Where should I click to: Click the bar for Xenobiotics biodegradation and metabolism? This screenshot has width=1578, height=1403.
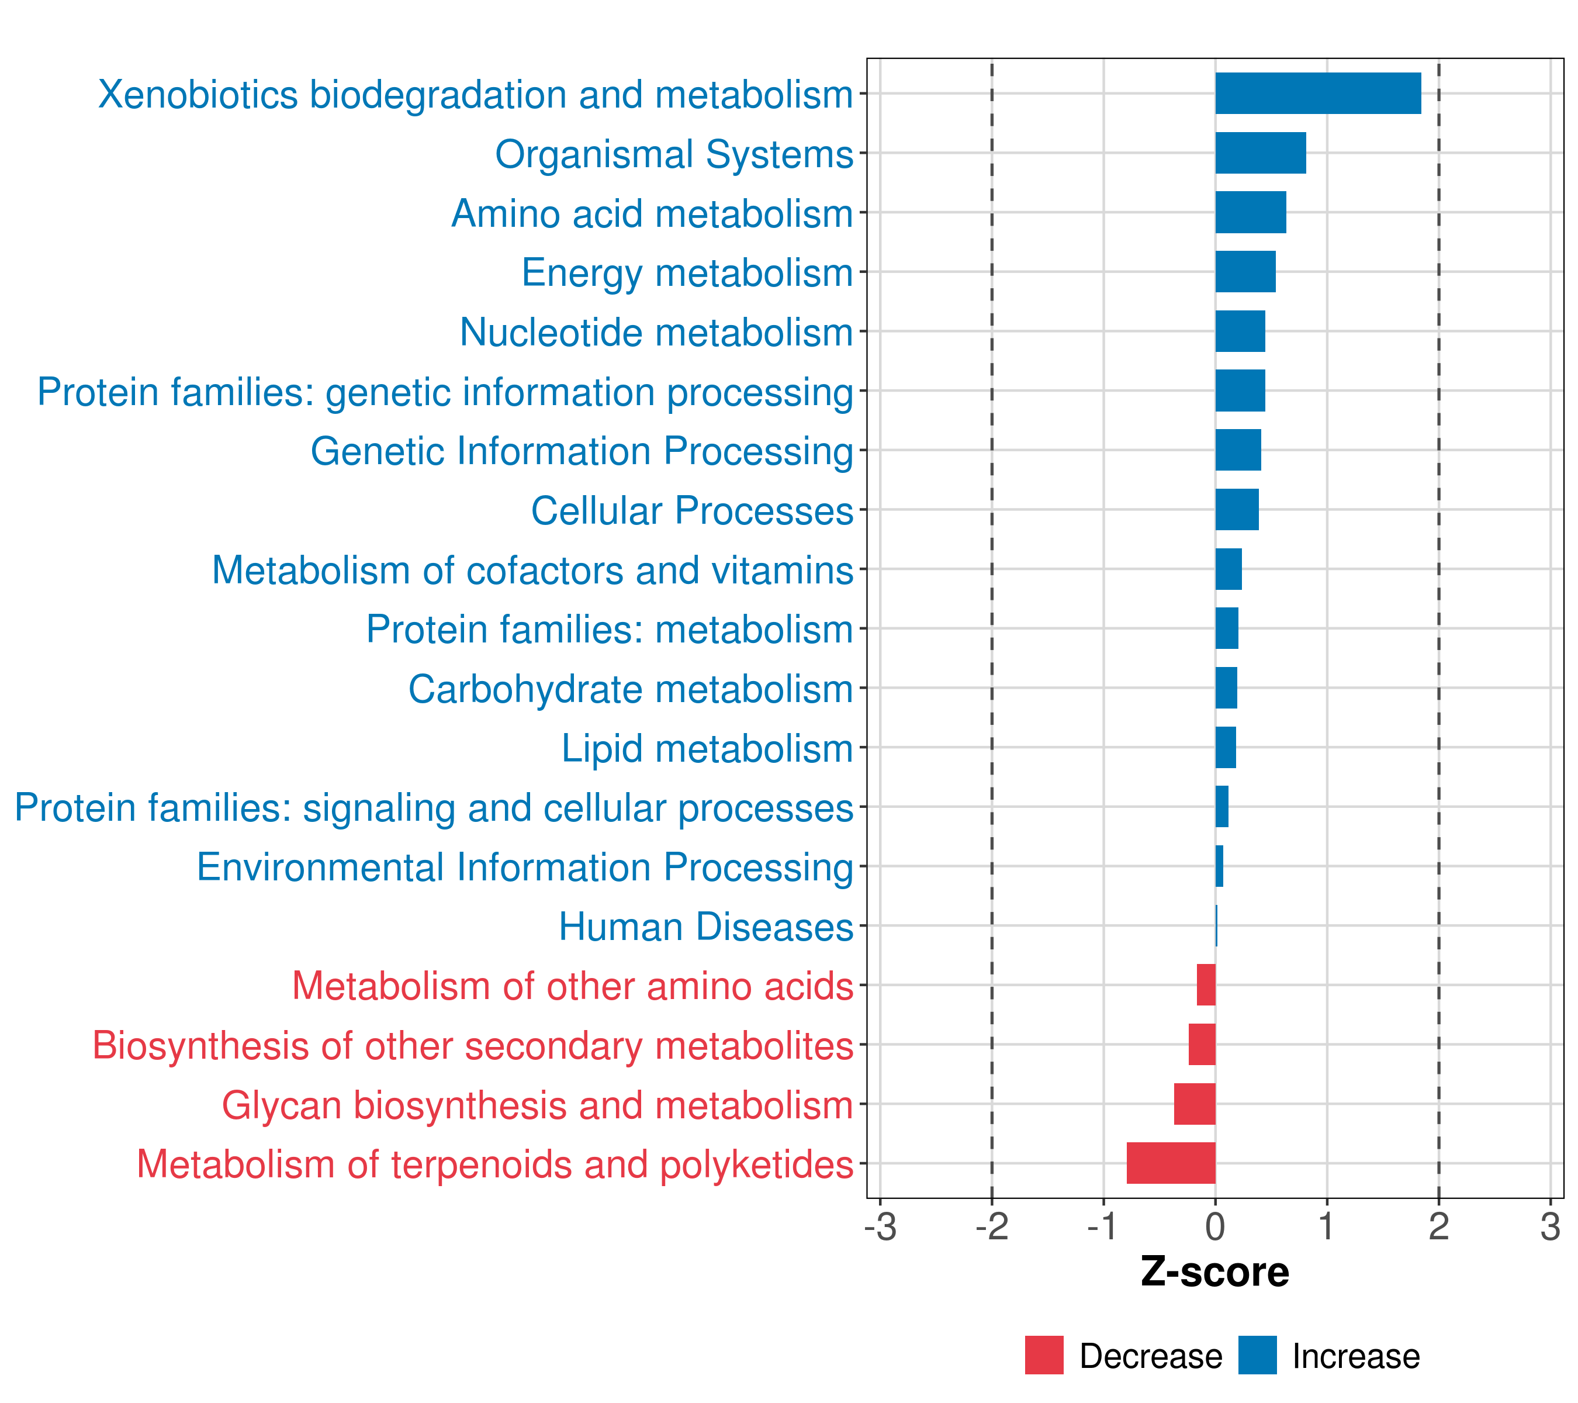tap(1317, 94)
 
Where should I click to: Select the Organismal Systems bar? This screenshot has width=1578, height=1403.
tap(1260, 153)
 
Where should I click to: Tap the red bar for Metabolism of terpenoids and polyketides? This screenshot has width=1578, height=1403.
tap(1171, 1163)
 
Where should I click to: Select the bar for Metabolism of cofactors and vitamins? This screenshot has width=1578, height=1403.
tap(1229, 569)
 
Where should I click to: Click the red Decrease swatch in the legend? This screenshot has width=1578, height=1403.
tap(1044, 1355)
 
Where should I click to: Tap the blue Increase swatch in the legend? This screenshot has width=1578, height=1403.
tap(1257, 1355)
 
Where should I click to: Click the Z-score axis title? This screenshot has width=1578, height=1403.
tap(1214, 1271)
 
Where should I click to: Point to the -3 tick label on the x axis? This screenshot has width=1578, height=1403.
tap(880, 1227)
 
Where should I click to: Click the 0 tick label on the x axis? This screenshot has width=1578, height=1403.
tap(1215, 1227)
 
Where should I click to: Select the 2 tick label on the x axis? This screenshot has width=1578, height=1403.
tap(1438, 1227)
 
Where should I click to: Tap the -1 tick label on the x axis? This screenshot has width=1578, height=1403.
tap(1103, 1227)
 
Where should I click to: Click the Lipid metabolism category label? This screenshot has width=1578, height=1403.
tap(707, 748)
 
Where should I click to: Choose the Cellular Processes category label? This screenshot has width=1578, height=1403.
tap(692, 510)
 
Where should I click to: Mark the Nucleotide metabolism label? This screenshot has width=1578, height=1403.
tap(656, 332)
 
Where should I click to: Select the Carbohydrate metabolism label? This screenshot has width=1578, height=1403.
tap(630, 689)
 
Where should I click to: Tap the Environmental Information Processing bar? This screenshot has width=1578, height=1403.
tap(1219, 866)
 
